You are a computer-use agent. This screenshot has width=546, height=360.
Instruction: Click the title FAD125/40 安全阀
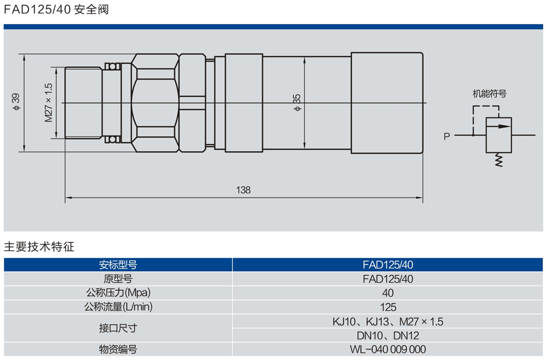(x=56, y=9)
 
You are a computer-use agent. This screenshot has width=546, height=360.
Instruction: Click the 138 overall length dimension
(x=243, y=190)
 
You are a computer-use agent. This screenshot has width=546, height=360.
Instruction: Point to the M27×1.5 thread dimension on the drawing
(x=48, y=102)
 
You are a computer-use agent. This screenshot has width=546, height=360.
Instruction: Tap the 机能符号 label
(x=490, y=94)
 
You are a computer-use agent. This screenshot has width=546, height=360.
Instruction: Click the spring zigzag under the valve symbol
(x=498, y=159)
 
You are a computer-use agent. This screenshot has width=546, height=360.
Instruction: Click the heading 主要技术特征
(x=39, y=247)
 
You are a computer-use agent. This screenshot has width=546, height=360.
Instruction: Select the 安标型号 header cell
(x=118, y=265)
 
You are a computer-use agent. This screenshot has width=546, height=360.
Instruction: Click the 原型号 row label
(x=118, y=279)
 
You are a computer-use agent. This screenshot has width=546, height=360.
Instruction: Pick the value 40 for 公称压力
(x=388, y=293)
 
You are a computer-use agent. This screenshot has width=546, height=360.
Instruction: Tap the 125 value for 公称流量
(x=388, y=307)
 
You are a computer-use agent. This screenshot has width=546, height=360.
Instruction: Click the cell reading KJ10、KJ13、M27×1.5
(x=388, y=322)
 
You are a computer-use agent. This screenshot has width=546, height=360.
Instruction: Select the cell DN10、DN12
(x=388, y=335)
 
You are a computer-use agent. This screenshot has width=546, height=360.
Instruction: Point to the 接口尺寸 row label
(x=118, y=329)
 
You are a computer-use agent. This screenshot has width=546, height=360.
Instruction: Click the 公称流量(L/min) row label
(x=118, y=307)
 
